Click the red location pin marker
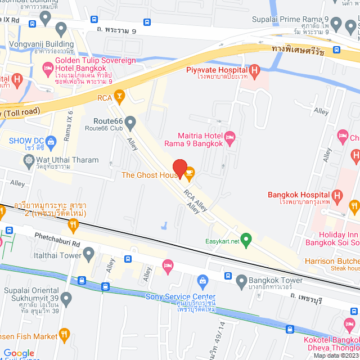pos(179,168)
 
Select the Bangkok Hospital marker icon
pos(337,196)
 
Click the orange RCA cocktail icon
pos(119,97)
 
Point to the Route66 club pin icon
pos(130,122)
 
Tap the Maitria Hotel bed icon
pos(229,137)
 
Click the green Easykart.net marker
pos(245,238)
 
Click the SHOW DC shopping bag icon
pos(51,141)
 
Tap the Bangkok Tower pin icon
pos(241,280)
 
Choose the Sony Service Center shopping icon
pos(202,280)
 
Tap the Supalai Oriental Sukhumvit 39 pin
pos(66,298)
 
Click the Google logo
pos(19,353)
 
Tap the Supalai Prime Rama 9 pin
pos(336,24)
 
